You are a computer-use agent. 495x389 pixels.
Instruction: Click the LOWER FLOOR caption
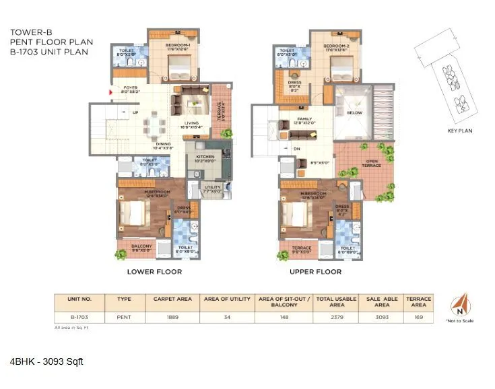coord(154,272)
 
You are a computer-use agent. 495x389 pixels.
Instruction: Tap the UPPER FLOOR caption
coord(315,272)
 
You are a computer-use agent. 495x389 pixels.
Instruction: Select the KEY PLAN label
coord(460,132)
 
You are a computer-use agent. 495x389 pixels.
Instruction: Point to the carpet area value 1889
coord(172,316)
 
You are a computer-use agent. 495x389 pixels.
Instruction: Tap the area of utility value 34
coord(226,316)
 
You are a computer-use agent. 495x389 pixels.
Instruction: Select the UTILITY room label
coord(213,188)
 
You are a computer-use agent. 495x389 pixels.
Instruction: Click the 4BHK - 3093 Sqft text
coord(46,362)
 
